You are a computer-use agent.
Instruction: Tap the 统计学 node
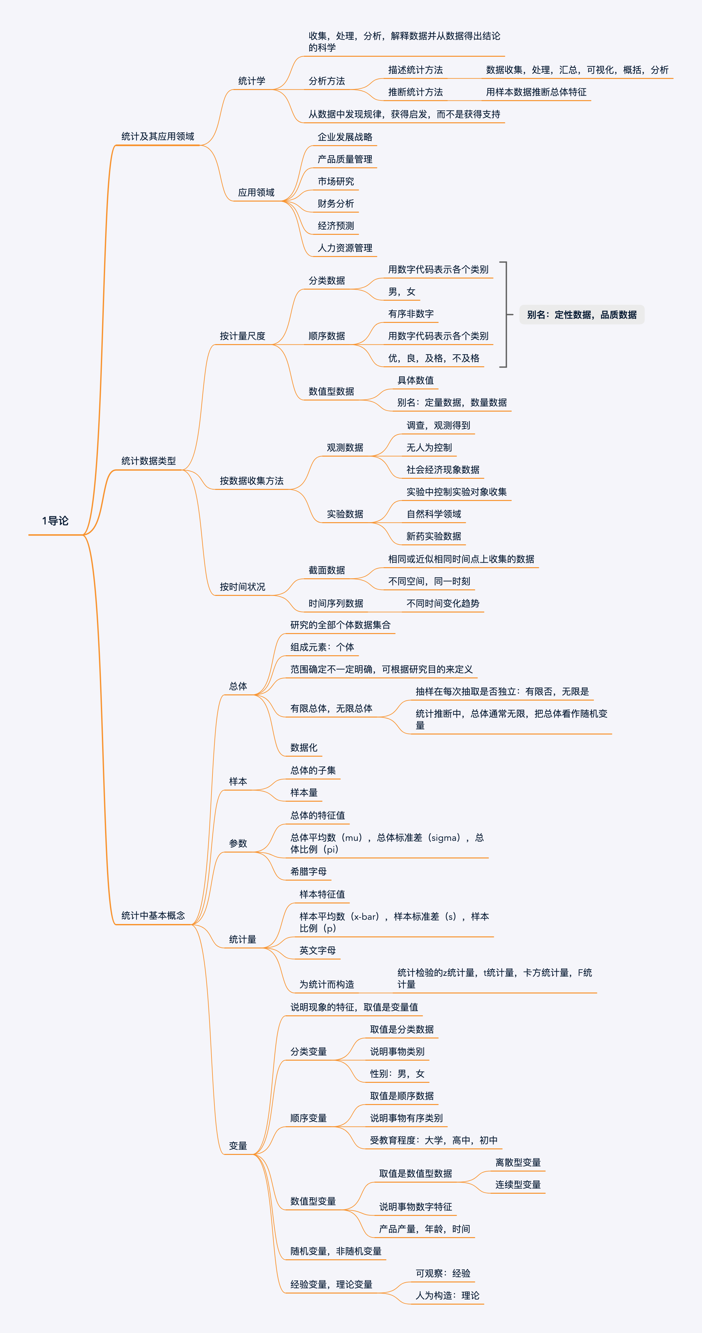[x=252, y=81]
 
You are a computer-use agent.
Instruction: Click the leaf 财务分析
[x=335, y=204]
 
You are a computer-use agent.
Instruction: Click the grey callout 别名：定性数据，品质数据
[x=581, y=315]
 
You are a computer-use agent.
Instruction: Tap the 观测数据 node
[x=345, y=447]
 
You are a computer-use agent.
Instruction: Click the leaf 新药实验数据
[x=433, y=537]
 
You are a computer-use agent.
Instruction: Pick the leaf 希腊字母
[x=308, y=872]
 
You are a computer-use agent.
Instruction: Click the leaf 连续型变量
[x=518, y=1185]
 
